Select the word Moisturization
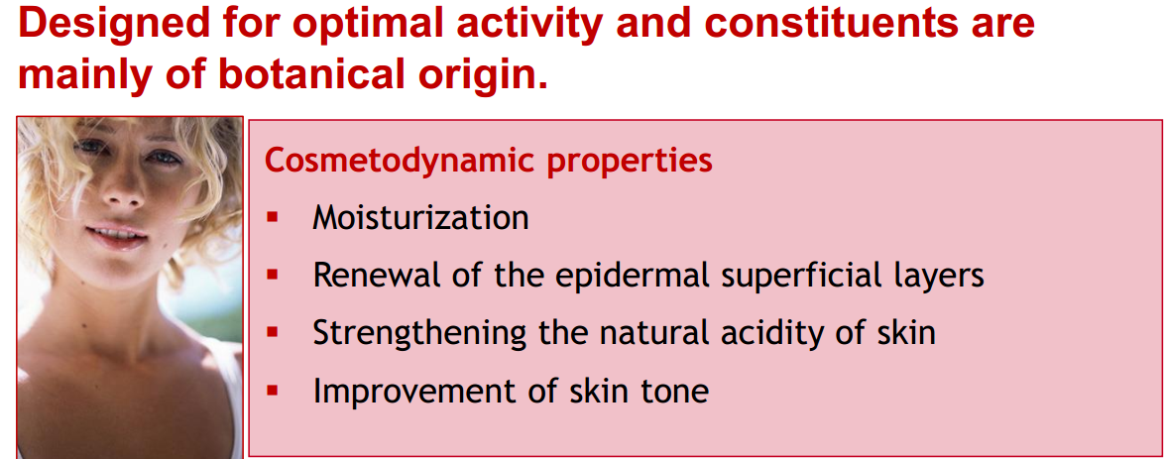click(420, 218)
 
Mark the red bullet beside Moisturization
click(274, 218)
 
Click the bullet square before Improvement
click(274, 391)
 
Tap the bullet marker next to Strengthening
click(274, 333)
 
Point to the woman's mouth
click(116, 236)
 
